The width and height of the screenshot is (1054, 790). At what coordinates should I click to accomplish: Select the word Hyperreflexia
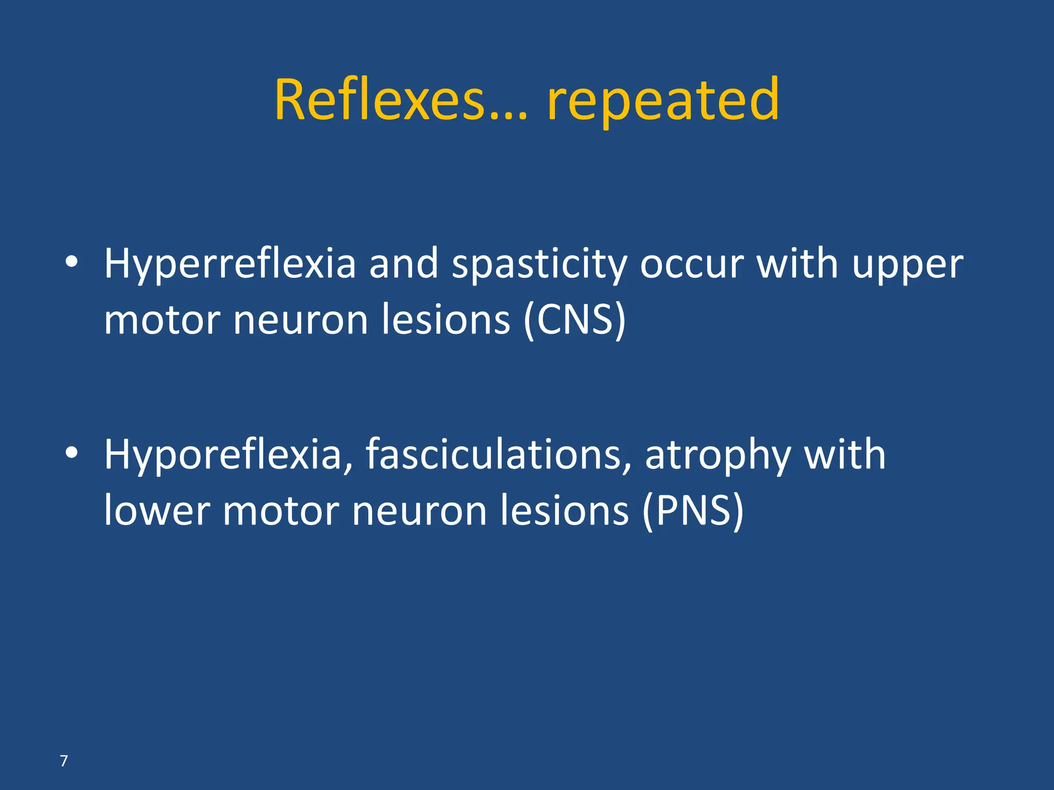click(230, 264)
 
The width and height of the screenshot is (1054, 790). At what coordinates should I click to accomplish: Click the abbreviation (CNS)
click(574, 320)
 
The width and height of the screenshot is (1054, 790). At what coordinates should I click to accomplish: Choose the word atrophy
click(717, 456)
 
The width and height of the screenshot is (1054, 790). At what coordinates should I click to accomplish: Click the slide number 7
click(64, 761)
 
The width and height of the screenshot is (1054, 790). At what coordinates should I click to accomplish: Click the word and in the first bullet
click(403, 264)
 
